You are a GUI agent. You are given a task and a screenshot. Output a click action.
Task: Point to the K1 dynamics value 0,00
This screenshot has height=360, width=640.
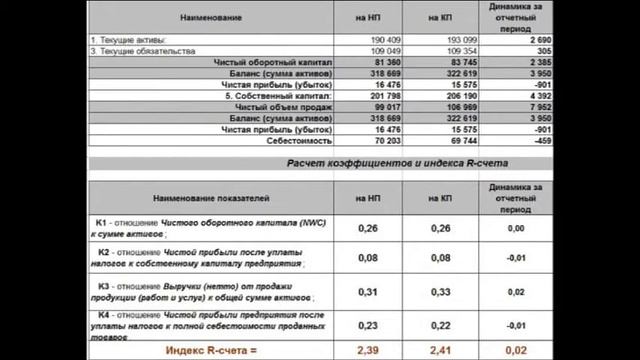pos(516,229)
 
